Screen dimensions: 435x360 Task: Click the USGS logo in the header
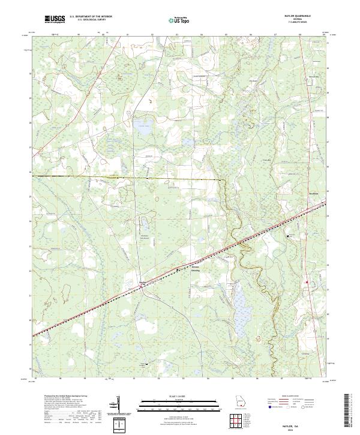click(55, 20)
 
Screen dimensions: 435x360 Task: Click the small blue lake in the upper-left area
click(142, 125)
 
